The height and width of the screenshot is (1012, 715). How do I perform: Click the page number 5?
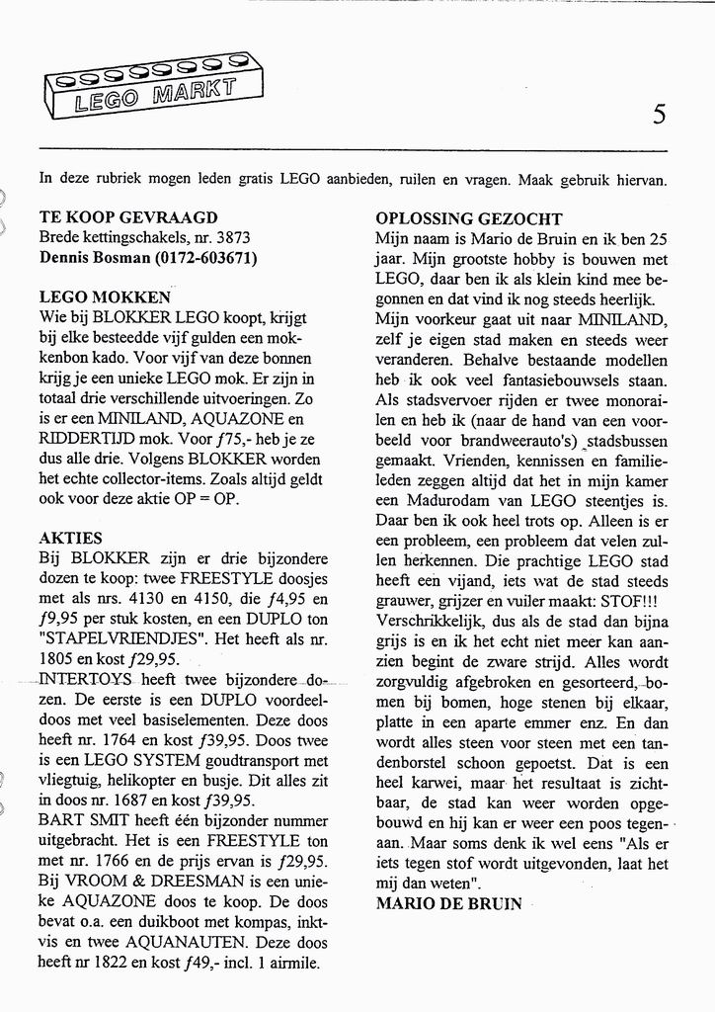pos(659,115)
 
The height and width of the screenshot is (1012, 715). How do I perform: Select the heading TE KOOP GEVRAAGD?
pos(128,217)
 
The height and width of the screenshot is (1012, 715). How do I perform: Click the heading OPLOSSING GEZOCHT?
pos(469,218)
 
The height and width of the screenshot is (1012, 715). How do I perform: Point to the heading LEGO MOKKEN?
pos(105,295)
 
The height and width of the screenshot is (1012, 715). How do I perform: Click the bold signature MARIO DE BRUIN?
pos(448,903)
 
